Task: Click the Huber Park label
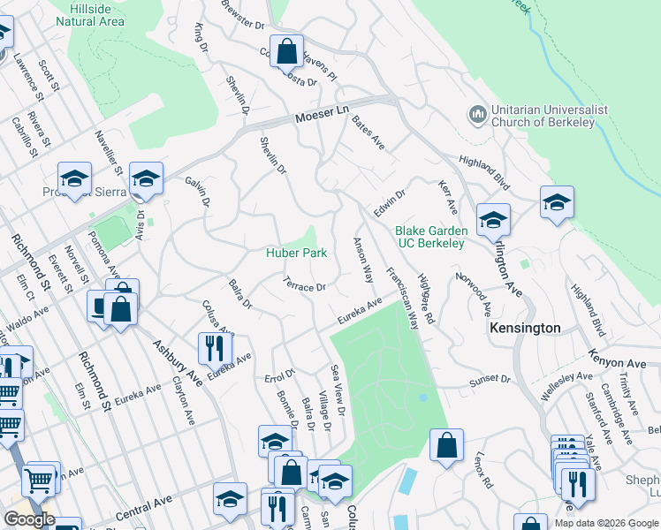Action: pos(297,254)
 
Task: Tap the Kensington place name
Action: pos(525,328)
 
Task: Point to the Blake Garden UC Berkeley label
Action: pos(429,237)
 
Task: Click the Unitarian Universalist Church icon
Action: pos(477,116)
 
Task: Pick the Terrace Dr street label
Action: pos(305,285)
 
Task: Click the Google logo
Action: pos(28,519)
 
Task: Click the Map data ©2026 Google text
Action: pos(604,522)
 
